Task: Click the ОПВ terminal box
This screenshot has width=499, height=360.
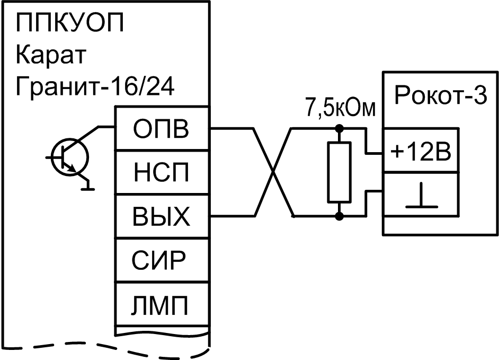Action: tap(163, 129)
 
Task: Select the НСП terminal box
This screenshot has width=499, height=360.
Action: tap(163, 173)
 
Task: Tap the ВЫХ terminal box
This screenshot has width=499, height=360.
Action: tap(163, 216)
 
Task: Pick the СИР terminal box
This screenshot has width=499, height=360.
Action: tap(163, 260)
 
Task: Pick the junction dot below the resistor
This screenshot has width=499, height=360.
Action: tap(340, 216)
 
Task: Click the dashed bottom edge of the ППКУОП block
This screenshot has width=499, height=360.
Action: tap(106, 350)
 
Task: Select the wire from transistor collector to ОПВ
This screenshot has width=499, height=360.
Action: tap(101, 128)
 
